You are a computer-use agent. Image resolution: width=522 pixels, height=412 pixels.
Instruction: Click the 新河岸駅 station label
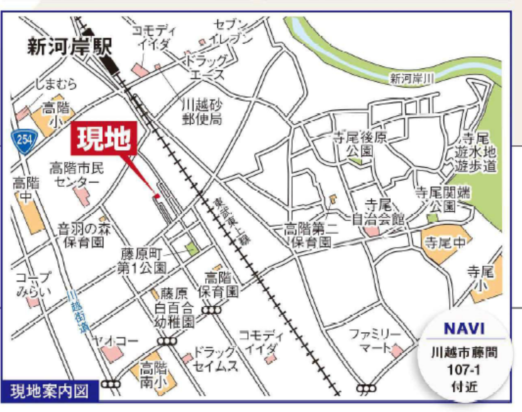pos(69,46)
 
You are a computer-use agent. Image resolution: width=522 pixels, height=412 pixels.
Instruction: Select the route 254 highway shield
pos(24,141)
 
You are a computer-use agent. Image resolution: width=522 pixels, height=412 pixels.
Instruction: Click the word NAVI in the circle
pos(464,328)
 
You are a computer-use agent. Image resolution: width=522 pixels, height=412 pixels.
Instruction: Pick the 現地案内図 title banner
pos(49,391)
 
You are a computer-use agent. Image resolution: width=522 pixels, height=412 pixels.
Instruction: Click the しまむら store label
pos(55,84)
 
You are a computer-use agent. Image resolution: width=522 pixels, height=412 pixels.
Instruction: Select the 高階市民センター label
pos(77,174)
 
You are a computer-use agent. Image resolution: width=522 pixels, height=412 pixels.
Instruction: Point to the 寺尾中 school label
pos(445,243)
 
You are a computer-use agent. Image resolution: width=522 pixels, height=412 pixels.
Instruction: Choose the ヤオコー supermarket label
pos(116,340)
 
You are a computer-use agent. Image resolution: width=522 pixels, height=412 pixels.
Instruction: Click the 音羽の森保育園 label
pos(84,235)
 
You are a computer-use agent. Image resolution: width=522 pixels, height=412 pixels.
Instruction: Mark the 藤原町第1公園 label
pos(142,261)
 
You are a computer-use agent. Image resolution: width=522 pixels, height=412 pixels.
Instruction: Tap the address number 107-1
pos(464,370)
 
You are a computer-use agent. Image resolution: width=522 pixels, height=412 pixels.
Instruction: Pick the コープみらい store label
pos(34,284)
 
